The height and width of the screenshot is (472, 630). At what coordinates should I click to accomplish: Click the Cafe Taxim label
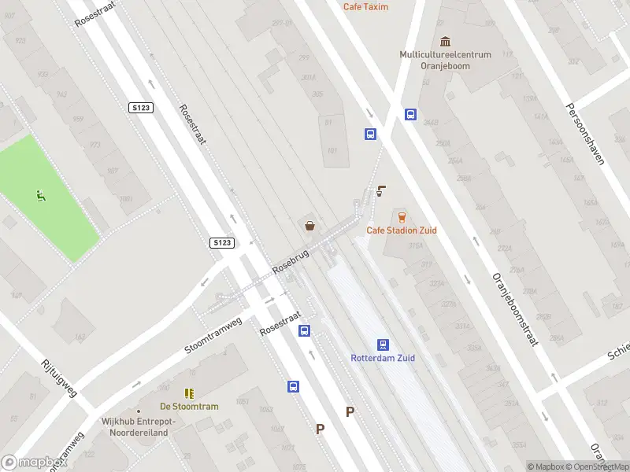[365, 6]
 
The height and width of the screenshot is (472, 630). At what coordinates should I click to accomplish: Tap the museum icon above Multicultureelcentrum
[446, 41]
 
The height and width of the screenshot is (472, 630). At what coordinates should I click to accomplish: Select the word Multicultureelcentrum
[445, 55]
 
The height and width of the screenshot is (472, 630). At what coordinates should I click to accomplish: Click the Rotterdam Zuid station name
[383, 359]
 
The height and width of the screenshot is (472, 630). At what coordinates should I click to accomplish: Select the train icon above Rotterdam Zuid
[383, 345]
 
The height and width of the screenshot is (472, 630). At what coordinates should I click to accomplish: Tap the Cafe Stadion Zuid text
[402, 230]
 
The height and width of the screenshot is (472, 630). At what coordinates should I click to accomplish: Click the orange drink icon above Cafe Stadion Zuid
[402, 216]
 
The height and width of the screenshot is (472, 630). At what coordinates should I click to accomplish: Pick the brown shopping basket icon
[310, 227]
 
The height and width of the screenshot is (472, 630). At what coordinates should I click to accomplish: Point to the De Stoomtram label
[189, 407]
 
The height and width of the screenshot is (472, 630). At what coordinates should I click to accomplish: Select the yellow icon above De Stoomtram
[189, 393]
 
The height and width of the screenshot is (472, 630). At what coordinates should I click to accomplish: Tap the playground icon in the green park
[40, 195]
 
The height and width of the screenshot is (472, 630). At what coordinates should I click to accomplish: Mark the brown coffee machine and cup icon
[382, 190]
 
